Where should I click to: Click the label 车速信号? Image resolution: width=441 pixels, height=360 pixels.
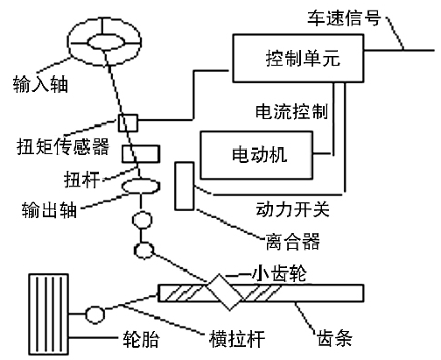pos(344,18)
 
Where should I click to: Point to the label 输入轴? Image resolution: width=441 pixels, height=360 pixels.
pos(40,84)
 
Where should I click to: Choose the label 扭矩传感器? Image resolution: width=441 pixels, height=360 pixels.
pos(63,146)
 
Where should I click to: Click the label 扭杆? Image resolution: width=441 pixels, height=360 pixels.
pos(82,180)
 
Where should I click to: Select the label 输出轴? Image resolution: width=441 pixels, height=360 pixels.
pos(49,209)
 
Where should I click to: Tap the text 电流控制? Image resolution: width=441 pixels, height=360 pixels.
pos(292,111)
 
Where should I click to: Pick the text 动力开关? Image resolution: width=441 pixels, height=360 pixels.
pos(293,209)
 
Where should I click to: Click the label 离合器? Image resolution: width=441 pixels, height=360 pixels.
pos(293,241)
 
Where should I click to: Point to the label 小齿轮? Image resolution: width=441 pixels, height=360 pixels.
pos(279,273)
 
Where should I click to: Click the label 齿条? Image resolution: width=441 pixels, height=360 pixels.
pos(335,338)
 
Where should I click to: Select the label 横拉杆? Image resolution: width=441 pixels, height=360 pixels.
pos(237,339)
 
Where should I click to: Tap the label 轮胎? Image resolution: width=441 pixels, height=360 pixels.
pos(141,339)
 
